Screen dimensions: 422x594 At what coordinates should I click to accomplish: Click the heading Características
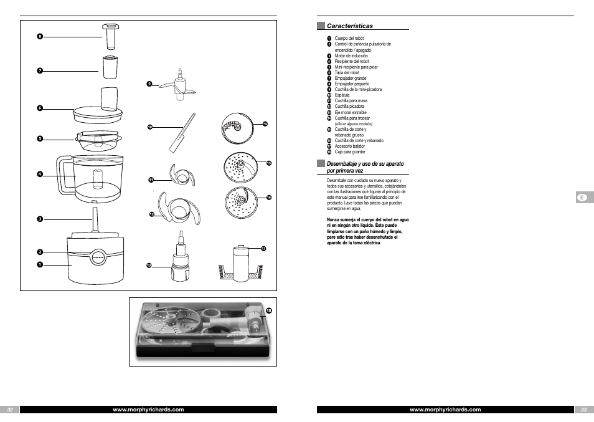(x=350, y=26)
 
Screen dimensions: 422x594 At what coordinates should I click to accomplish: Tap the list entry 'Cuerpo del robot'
(x=348, y=39)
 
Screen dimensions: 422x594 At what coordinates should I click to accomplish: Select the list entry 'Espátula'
(x=342, y=95)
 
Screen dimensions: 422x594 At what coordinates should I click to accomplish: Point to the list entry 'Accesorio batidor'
(x=350, y=146)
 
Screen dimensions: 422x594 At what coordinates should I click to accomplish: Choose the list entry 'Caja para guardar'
(x=350, y=152)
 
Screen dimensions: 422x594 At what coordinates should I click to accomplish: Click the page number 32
(x=10, y=410)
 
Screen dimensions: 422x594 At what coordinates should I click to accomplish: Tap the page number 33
(x=583, y=410)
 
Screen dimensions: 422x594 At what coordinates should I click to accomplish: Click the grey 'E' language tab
(x=582, y=198)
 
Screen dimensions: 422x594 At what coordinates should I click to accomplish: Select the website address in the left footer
(x=148, y=410)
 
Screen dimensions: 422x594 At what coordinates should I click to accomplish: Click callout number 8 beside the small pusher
(x=39, y=36)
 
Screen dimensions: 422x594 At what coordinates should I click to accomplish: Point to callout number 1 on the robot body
(x=39, y=265)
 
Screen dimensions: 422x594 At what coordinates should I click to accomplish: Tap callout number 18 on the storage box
(x=269, y=310)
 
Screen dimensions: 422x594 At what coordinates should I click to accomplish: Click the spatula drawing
(x=181, y=132)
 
